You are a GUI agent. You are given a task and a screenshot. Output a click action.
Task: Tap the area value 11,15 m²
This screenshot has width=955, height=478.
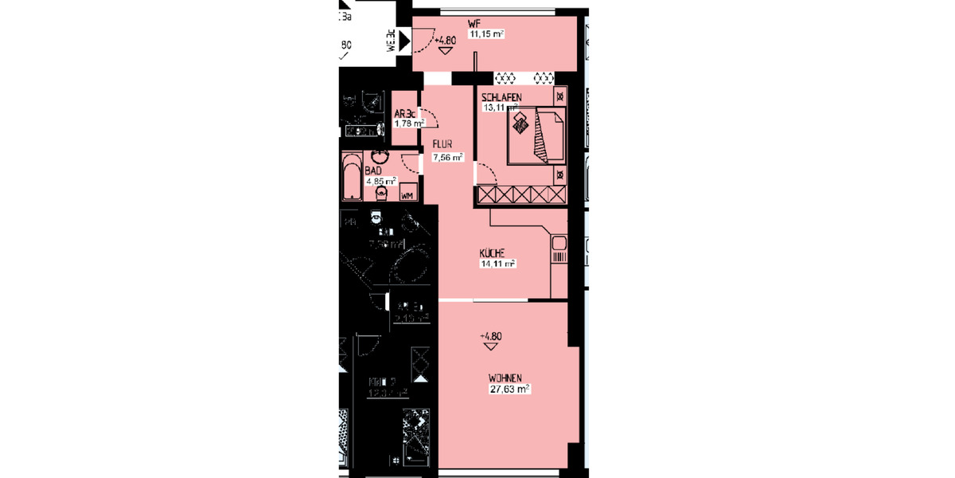pos(487,34)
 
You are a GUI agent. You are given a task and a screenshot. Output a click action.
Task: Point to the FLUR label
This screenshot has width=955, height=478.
pos(442,144)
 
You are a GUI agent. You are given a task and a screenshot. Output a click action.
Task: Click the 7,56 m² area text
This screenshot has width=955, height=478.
pos(447,158)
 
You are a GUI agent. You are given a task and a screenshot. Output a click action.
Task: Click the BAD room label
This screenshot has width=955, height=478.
pos(373,170)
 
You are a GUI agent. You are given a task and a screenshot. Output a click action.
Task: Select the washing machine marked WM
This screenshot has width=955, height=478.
pos(407,194)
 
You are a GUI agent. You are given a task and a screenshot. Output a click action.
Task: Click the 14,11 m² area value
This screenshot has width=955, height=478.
pos(497,263)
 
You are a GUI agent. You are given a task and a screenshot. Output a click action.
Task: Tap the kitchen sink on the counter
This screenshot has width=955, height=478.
pos(558,245)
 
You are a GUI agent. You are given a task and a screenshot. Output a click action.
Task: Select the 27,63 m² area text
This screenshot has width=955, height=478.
pos(509,389)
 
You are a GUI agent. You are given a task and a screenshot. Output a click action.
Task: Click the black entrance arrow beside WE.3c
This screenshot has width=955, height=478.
pos(403,39)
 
